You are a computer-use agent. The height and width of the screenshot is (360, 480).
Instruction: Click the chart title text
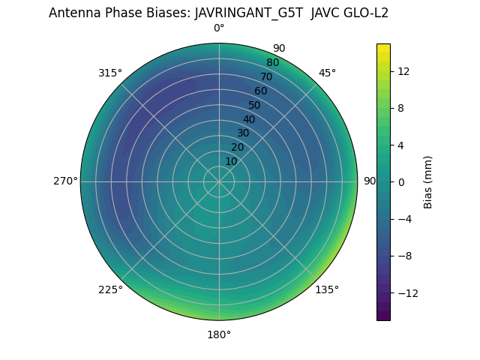coord(218,12)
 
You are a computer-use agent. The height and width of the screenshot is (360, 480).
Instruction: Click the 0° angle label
coord(219,28)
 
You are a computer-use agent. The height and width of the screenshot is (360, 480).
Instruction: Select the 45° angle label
coord(327,73)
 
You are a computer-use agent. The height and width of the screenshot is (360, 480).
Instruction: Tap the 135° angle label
coord(327,289)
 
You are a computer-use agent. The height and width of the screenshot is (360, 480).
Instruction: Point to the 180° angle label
coord(219,334)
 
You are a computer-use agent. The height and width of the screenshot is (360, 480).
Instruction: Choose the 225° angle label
coord(110,289)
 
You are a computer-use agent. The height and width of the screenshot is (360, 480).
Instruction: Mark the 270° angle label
coord(65,181)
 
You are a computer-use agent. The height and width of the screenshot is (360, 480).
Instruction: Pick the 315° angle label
coord(110,73)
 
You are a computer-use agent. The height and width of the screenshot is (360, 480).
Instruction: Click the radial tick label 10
coord(231,161)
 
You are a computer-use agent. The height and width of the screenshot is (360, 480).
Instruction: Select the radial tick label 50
coord(255,105)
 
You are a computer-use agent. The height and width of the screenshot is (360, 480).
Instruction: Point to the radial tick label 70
coord(266,76)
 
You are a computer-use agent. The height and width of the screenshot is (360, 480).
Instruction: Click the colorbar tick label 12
coord(403,71)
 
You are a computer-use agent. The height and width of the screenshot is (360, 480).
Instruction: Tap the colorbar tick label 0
coord(400,181)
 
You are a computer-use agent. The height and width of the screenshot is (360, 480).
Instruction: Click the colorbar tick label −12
coord(405,292)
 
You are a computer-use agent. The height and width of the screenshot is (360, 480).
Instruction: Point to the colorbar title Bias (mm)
coord(427,181)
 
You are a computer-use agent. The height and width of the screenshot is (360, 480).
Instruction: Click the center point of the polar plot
coord(219,181)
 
